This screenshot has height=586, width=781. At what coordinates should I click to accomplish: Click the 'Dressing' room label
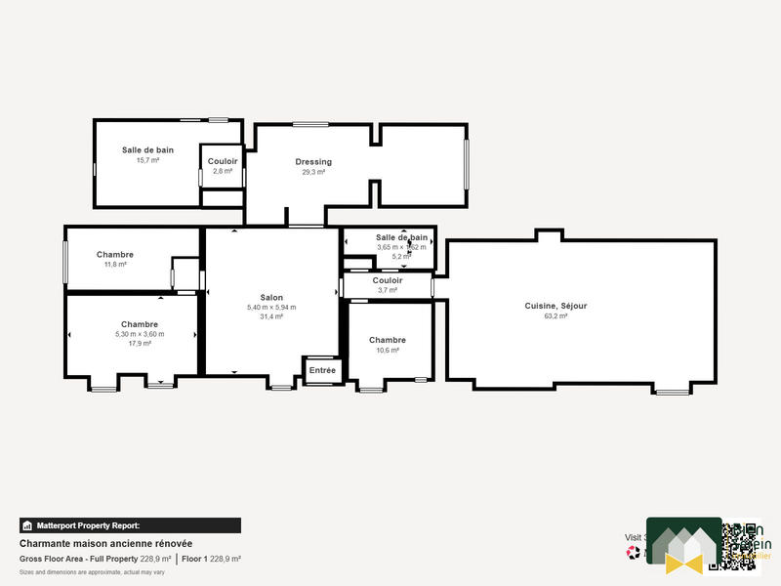tap(313, 162)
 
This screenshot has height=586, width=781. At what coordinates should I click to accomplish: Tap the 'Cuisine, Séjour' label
tap(555, 306)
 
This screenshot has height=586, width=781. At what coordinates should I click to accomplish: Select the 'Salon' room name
tap(271, 297)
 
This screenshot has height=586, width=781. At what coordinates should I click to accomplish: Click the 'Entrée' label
tap(322, 370)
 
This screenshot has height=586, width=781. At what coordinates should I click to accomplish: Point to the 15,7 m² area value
tap(147, 160)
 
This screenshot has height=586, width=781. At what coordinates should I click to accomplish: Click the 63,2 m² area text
tap(555, 316)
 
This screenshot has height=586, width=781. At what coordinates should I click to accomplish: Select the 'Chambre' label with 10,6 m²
tap(388, 340)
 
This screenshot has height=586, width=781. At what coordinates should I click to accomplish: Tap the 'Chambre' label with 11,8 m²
tap(115, 254)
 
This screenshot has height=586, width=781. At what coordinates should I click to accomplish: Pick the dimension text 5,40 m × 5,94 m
tap(271, 308)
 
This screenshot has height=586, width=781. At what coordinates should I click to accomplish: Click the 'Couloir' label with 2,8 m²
tap(223, 161)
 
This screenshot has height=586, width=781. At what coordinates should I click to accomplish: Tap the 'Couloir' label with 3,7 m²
tap(388, 280)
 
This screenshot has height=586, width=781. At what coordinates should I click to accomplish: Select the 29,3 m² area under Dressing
tap(313, 172)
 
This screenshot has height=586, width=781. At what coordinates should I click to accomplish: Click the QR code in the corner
tap(740, 545)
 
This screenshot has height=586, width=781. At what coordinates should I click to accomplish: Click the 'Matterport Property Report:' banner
tap(130, 525)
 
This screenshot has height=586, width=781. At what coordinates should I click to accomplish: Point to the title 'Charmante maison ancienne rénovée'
tap(105, 543)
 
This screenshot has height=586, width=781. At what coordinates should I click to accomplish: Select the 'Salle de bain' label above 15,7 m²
tap(147, 149)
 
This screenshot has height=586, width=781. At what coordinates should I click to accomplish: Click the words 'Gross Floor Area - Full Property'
tap(79, 559)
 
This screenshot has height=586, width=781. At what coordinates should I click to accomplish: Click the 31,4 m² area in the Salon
tap(271, 316)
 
